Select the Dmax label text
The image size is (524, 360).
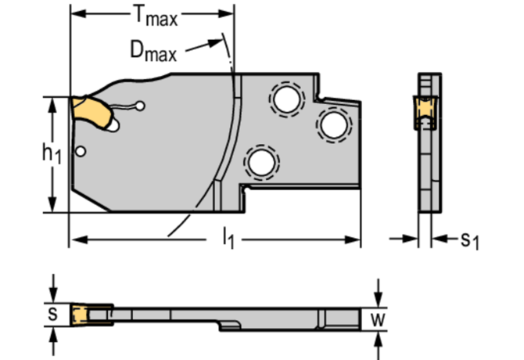click(152, 52)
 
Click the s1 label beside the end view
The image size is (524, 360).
click(468, 239)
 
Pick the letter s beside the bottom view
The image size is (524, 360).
click(52, 314)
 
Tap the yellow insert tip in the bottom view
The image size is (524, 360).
click(78, 315)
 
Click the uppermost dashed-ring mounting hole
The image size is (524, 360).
click(284, 99)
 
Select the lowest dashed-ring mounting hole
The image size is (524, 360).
click(260, 162)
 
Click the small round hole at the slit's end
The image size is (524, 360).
click(139, 106)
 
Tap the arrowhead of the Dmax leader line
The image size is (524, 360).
click(224, 45)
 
